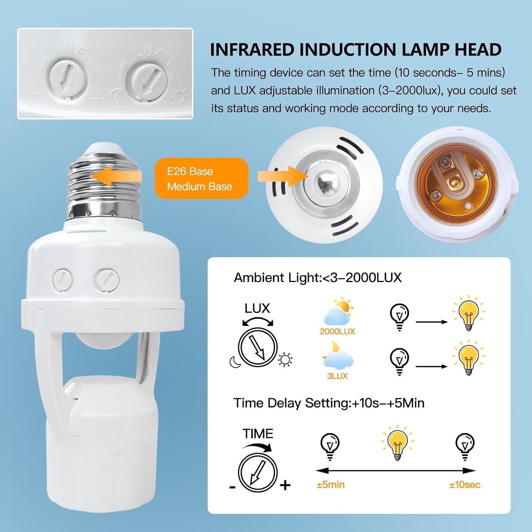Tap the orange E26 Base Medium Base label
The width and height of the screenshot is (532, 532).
pos(201,178)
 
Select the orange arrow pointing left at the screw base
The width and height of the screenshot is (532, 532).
pos(117,176)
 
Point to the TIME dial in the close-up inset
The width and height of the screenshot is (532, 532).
pos(68,78)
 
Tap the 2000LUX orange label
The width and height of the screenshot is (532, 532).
pos(337,332)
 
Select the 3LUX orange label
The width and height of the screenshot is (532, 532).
pos(337,376)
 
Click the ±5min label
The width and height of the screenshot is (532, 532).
pos(330,485)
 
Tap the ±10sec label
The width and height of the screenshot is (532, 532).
pos(465,485)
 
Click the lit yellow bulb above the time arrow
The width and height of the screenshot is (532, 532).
pos(397,443)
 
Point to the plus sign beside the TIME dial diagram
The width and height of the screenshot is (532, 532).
pos(285,485)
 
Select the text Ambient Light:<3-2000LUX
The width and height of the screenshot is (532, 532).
pos(317,278)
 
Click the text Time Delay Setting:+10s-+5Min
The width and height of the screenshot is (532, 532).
pos(329,403)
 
